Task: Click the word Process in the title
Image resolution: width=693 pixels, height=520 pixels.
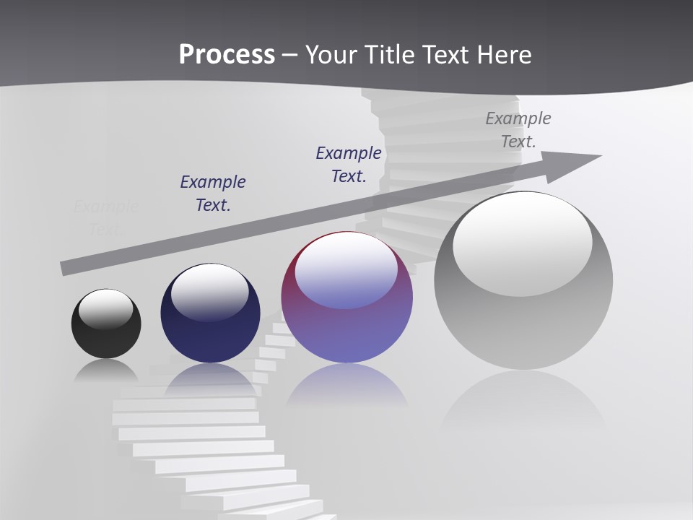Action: (227, 55)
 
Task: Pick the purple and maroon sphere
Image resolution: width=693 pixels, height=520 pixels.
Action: (346, 325)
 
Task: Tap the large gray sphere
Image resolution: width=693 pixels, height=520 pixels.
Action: (523, 318)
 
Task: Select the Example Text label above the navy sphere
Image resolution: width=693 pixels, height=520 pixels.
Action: (213, 193)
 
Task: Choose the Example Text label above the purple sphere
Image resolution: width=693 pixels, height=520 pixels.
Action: (349, 164)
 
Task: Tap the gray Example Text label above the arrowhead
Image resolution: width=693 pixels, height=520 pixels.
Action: (518, 129)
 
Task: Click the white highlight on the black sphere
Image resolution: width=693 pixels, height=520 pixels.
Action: (105, 308)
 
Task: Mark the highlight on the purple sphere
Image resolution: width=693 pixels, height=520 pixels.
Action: (346, 271)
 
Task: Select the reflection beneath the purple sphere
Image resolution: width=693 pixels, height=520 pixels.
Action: (346, 386)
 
